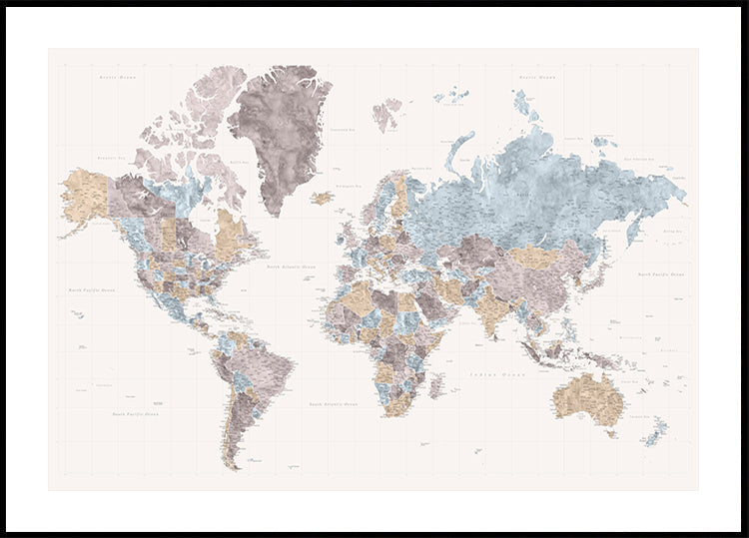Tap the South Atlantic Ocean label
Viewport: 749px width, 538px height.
333,404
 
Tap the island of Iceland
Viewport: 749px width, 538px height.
322,198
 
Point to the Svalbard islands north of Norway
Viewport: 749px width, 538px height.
387,112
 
